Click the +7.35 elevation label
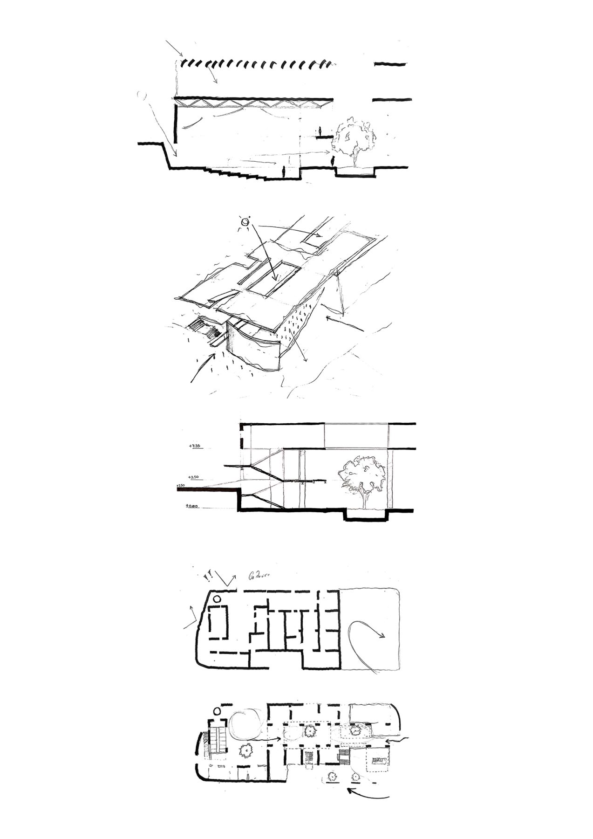pyautogui.click(x=194, y=446)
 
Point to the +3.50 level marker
pyautogui.click(x=194, y=477)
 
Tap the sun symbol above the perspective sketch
pyautogui.click(x=245, y=222)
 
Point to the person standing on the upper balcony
pyautogui.click(x=320, y=131)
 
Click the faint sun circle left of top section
pyautogui.click(x=143, y=96)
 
